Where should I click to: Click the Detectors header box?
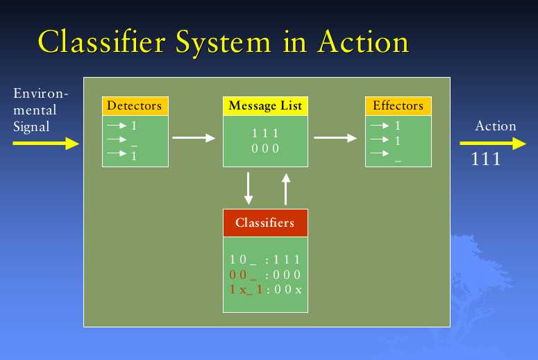[x=135, y=106]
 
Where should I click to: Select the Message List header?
[x=265, y=106]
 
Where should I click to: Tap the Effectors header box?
[x=398, y=106]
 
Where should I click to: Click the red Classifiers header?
[x=265, y=223]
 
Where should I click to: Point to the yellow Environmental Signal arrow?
[x=46, y=144]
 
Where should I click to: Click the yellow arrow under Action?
[x=493, y=144]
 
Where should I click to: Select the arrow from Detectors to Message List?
[x=194, y=138]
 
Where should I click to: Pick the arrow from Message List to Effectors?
[x=335, y=138]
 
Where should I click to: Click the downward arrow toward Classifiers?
[x=249, y=189]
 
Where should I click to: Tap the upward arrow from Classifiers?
[x=286, y=189]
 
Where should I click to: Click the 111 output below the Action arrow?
[x=485, y=159]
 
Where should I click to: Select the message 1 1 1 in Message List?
[x=265, y=133]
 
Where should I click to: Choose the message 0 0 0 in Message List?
[x=265, y=148]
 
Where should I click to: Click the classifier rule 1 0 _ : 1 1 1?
[x=265, y=259]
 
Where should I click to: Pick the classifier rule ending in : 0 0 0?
[x=265, y=275]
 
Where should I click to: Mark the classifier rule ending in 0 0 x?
[x=266, y=289]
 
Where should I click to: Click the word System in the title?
[x=224, y=43]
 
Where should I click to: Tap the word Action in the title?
[x=363, y=42]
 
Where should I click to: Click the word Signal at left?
[x=31, y=127]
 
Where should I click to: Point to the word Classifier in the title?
[x=102, y=41]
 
